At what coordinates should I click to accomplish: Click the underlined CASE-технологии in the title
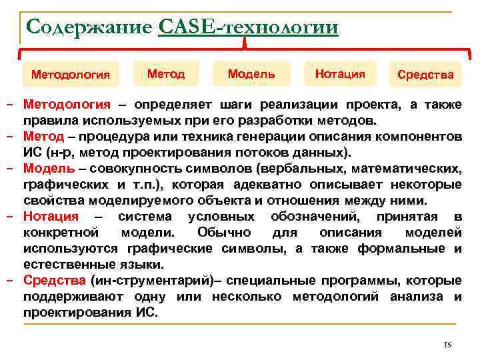click(x=249, y=27)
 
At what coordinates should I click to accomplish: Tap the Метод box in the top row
click(x=166, y=73)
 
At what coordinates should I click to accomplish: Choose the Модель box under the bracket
click(x=251, y=73)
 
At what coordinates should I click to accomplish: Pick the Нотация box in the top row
click(x=339, y=73)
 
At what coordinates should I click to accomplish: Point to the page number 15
click(x=447, y=345)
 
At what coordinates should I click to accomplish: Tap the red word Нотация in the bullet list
click(x=51, y=217)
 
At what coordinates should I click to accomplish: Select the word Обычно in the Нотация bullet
click(x=224, y=233)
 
